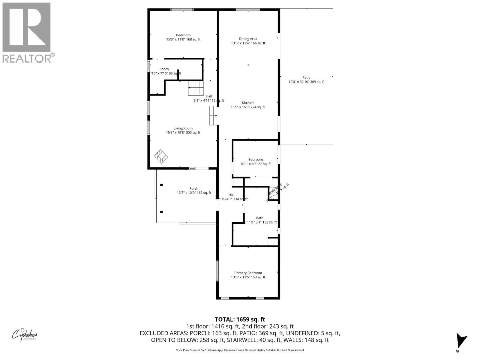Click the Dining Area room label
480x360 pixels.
[248, 41]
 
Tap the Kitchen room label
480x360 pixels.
[248, 105]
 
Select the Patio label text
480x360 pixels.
[306, 79]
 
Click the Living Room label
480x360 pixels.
[183, 130]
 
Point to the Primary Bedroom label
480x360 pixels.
[248, 275]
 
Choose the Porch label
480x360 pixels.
[194, 190]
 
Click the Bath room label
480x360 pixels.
[260, 220]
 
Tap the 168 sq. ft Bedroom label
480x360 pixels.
[183, 37]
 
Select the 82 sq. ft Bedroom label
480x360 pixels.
[256, 161]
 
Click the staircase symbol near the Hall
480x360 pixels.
[196, 88]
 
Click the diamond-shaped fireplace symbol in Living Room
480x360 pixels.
[161, 157]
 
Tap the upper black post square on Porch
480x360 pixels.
[161, 185]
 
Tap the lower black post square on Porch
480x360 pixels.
[161, 212]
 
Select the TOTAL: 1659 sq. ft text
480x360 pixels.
[240, 319]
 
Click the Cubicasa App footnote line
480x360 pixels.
[240, 350]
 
